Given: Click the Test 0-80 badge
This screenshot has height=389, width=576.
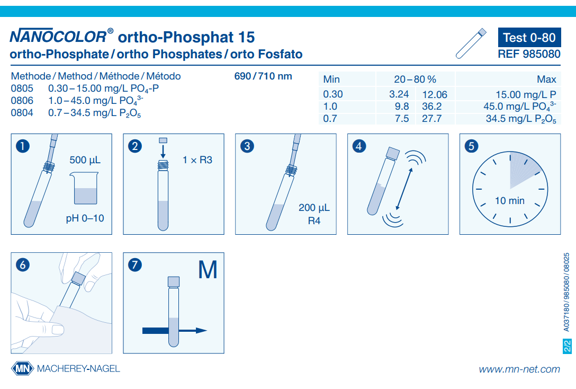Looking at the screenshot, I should (529, 38).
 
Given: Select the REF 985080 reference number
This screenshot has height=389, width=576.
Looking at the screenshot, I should (529, 54).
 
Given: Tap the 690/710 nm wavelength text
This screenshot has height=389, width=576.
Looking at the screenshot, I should (263, 76).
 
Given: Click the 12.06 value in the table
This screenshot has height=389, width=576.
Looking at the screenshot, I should (434, 94).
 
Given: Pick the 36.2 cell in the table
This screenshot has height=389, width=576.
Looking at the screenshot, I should (431, 107).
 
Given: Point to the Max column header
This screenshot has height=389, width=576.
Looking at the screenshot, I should (546, 79).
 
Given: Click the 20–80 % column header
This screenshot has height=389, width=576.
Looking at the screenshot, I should (415, 79).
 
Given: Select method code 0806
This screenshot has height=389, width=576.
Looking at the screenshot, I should (22, 100).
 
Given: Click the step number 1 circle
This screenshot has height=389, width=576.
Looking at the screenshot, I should (22, 146).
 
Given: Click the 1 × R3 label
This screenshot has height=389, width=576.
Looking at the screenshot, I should (197, 160).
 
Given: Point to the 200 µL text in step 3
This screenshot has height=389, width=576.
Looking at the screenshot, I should (314, 208).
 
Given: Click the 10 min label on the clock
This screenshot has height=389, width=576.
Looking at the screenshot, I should (509, 201).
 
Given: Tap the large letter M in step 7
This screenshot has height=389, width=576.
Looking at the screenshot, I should (208, 270).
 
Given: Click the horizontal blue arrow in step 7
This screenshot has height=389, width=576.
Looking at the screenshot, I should (174, 330).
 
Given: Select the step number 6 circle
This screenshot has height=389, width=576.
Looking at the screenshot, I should (22, 264).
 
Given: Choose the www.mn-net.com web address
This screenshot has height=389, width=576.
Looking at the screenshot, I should (519, 369).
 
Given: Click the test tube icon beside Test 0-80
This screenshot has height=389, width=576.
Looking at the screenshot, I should (471, 43).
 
